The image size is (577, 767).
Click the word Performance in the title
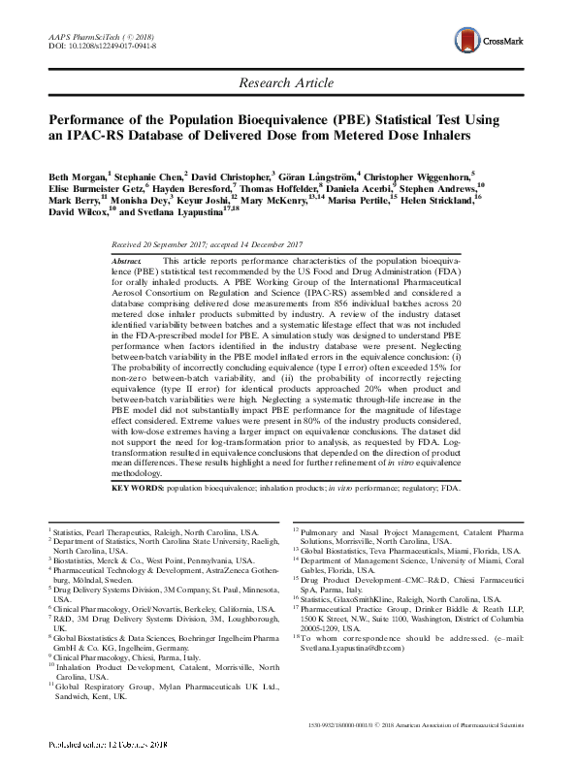(89, 123)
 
